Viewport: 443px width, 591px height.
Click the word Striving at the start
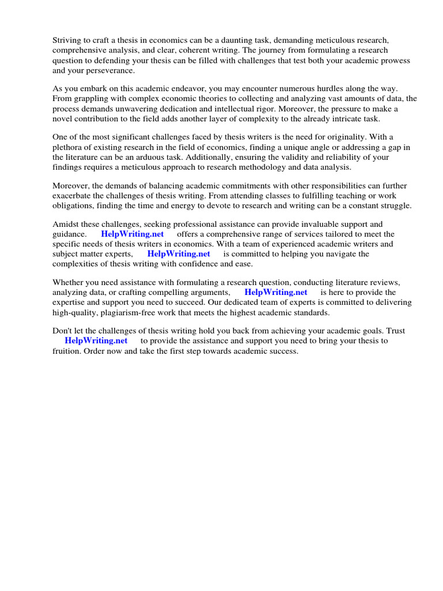[x=67, y=40]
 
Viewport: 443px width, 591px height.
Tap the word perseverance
[x=102, y=70]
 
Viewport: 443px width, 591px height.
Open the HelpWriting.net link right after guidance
[x=132, y=234]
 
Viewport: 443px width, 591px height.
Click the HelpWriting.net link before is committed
[x=178, y=253]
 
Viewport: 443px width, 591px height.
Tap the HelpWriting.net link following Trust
[x=96, y=341]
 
